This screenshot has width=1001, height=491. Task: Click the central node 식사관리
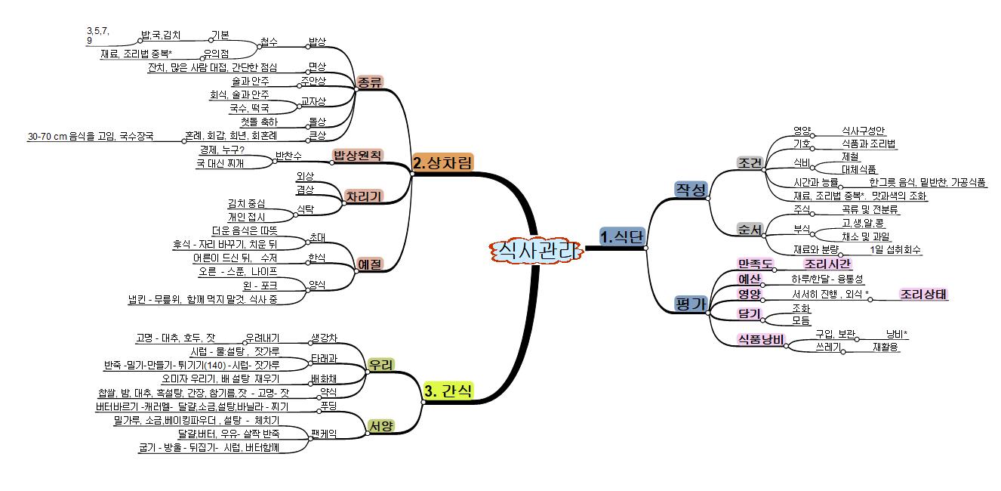[536, 251]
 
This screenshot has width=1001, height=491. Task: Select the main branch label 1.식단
[621, 236]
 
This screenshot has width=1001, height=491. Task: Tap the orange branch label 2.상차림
[443, 162]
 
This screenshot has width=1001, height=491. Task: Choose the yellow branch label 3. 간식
[448, 391]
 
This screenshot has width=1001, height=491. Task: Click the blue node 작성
[690, 190]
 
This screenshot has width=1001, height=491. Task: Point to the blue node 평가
[690, 304]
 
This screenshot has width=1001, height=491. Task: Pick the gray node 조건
[750, 162]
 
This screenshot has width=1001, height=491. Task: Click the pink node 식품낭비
[762, 338]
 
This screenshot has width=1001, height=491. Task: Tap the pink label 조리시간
[827, 264]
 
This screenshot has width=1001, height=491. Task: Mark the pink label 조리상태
[923, 294]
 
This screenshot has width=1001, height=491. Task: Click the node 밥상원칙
[358, 155]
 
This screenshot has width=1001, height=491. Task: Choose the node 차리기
[363, 196]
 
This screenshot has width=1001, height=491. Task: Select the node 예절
[370, 264]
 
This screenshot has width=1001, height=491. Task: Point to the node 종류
[370, 82]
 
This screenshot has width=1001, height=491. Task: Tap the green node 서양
[380, 425]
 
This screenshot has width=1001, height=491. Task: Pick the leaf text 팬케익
[324, 434]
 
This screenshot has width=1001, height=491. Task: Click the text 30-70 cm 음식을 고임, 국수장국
[91, 137]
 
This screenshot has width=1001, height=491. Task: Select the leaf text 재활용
[885, 347]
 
